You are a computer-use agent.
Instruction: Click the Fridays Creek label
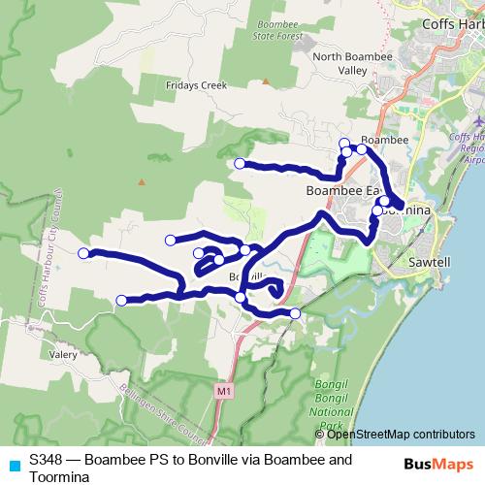coord(201,85)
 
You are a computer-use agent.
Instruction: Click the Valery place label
coord(63,356)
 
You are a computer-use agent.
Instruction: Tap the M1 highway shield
coord(224,390)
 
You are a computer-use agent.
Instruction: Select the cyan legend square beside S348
coord(14,465)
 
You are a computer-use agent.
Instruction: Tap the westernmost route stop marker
coord(83,253)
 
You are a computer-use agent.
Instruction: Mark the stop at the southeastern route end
coord(295,313)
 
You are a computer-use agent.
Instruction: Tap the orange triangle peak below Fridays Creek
coord(142,180)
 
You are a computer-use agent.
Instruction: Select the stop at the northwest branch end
coord(240,163)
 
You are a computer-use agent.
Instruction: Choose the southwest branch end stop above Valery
coord(121,301)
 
